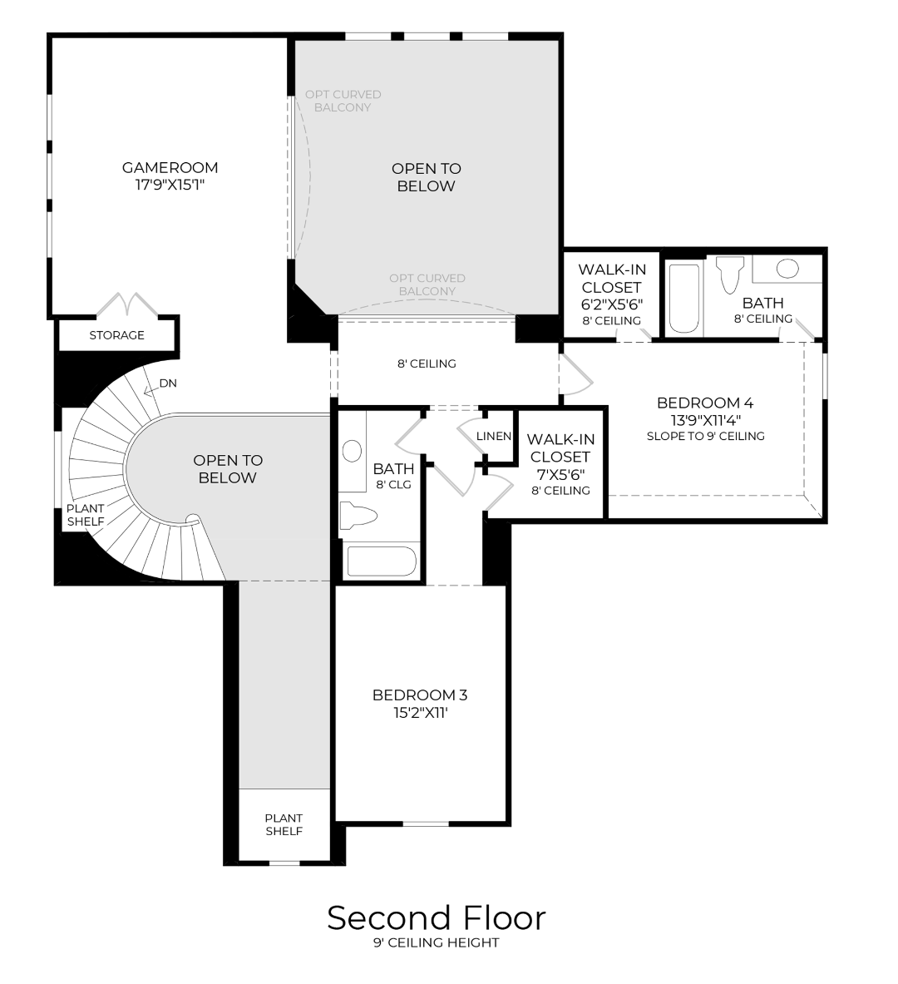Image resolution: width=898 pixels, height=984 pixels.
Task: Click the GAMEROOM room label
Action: (170, 167)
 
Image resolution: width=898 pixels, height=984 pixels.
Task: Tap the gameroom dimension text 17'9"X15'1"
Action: (170, 185)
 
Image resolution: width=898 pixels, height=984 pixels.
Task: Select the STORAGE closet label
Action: (116, 335)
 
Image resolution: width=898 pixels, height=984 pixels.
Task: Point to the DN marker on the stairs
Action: (168, 383)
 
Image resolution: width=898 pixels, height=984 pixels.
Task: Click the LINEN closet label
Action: (494, 437)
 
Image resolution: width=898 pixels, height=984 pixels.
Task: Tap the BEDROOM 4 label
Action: (705, 403)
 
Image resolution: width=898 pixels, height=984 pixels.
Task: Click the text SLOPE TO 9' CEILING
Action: (705, 436)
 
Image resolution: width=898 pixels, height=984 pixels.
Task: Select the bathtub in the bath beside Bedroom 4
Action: (684, 299)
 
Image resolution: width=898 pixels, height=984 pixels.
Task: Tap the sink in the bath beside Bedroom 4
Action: (787, 269)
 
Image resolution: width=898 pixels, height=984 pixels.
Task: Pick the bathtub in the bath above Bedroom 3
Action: (381, 561)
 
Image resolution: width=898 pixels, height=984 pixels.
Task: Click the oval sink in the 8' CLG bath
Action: (352, 451)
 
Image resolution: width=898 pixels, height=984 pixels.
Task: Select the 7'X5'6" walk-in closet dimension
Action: (559, 474)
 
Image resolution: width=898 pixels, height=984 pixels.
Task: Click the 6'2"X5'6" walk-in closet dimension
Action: (611, 304)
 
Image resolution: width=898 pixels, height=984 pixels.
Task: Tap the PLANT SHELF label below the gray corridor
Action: (284, 824)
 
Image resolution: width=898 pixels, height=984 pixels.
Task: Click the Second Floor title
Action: (436, 917)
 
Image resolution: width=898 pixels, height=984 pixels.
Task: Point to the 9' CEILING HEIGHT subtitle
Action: (436, 943)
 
